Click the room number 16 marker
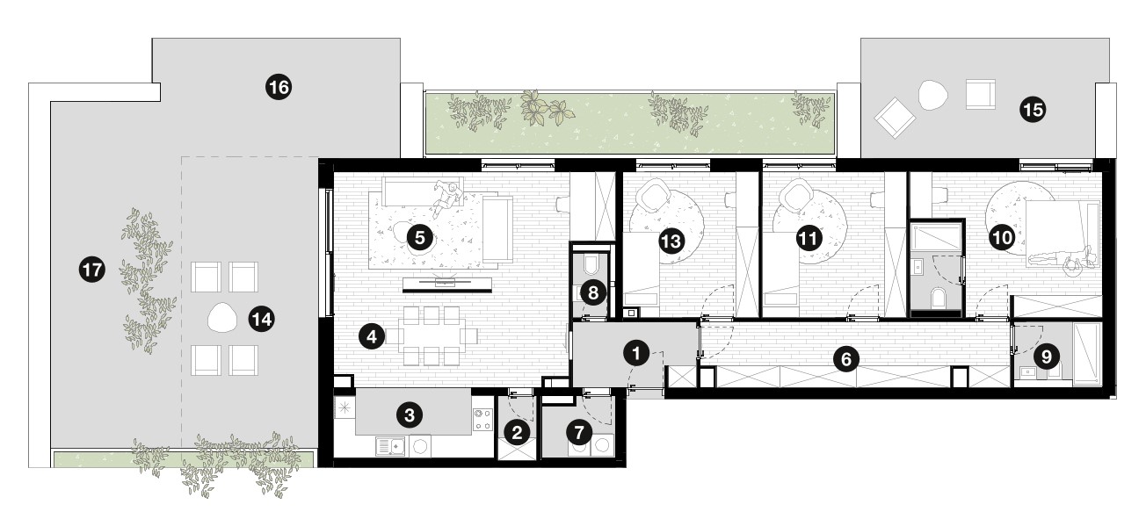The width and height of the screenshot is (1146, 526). (x=279, y=88)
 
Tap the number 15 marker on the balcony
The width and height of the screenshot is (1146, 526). (x=1033, y=110)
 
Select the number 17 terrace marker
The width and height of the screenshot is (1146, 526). (x=92, y=270)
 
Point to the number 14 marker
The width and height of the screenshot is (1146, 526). (x=261, y=320)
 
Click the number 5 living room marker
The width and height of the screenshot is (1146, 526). (x=419, y=238)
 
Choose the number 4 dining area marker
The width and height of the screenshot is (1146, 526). (x=372, y=336)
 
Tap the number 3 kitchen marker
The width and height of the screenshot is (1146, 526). (x=410, y=415)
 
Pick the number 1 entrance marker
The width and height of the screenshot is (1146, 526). (x=636, y=353)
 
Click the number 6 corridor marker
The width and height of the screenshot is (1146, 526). (x=846, y=359)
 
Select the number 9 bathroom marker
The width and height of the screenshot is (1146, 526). (x=1046, y=357)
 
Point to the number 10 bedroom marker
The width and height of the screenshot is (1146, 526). (x=1002, y=238)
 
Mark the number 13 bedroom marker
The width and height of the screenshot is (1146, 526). (x=671, y=241)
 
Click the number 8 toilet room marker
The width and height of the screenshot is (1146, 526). (x=593, y=293)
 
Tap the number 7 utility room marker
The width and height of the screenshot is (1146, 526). (x=578, y=434)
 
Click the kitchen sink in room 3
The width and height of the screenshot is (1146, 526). (x=391, y=447)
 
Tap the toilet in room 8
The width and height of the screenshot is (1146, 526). (x=591, y=266)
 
